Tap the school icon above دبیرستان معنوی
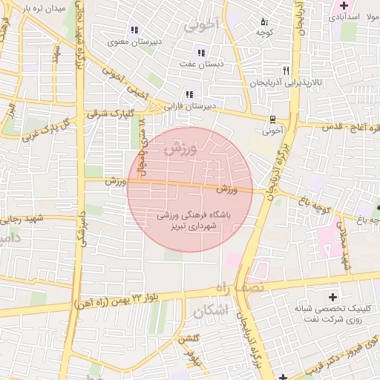[x=134, y=30]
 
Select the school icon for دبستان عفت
[x=200, y=52]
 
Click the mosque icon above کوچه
[x=265, y=21]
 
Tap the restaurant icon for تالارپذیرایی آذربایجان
[x=286, y=71]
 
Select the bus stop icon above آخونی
[x=272, y=119]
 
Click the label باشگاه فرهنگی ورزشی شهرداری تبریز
[x=191, y=218]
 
